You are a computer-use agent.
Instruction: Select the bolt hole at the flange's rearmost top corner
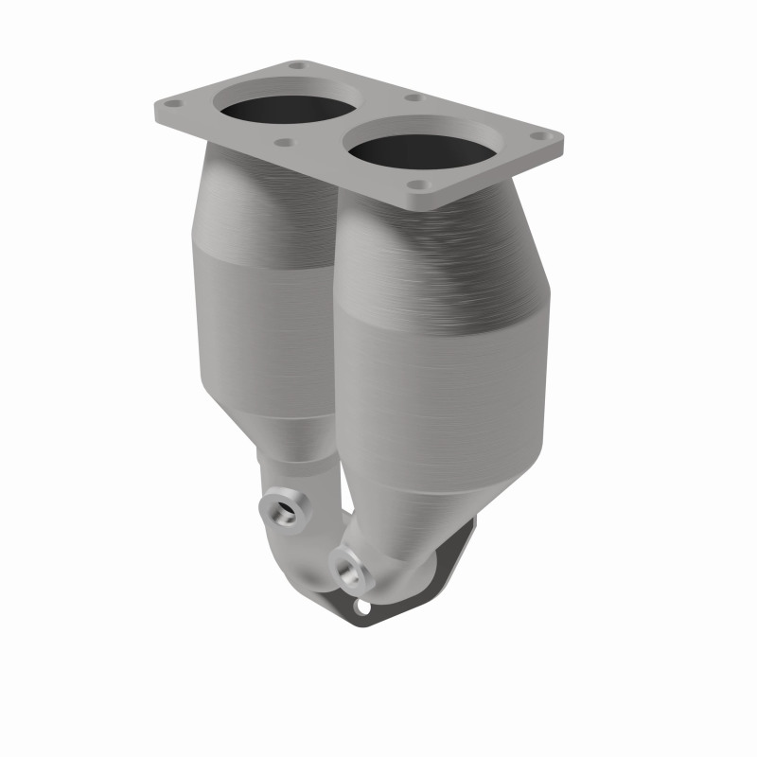click(297, 66)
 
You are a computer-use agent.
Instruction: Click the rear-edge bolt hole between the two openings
click(413, 97)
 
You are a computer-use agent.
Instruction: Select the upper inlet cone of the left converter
click(246, 199)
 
